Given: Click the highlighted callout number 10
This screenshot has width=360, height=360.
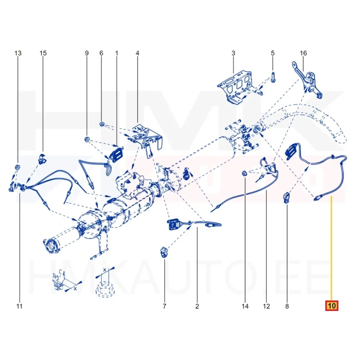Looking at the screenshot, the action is pyautogui.click(x=332, y=306).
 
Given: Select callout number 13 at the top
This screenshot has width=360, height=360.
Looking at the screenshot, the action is pyautogui.click(x=18, y=53).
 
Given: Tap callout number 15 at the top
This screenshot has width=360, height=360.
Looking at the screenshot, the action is pyautogui.click(x=43, y=53).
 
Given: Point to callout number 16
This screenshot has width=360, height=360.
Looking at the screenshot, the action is pyautogui.click(x=303, y=53).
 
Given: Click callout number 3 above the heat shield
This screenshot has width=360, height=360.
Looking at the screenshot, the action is pyautogui.click(x=233, y=53).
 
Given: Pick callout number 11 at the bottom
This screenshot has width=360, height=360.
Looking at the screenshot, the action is pyautogui.click(x=19, y=306).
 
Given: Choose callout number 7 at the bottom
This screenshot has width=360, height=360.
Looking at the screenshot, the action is pyautogui.click(x=164, y=306).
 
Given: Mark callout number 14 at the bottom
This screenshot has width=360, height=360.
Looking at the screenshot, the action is pyautogui.click(x=245, y=306).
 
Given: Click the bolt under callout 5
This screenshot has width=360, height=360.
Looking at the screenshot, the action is pyautogui.click(x=273, y=77).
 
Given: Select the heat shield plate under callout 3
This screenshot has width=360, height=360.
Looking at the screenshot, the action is pyautogui.click(x=235, y=87).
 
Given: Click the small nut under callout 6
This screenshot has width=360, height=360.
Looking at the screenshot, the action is pyautogui.click(x=102, y=124).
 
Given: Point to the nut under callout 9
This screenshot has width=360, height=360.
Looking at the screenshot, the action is pyautogui.click(x=87, y=139).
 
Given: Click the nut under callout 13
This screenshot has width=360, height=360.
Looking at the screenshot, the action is pyautogui.click(x=17, y=166).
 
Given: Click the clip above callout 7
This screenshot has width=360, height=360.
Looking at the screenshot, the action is pyautogui.click(x=164, y=252).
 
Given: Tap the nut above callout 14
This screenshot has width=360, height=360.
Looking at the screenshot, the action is pyautogui.click(x=244, y=173).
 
